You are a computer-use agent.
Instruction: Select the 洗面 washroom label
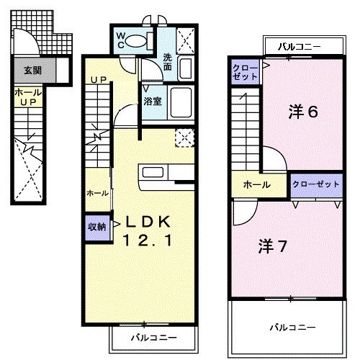click(167, 63)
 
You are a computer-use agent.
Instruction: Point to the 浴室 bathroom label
click(151, 102)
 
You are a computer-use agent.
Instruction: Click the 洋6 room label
click(303, 112)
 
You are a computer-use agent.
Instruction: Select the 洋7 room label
click(274, 245)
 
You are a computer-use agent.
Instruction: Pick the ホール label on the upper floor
click(256, 184)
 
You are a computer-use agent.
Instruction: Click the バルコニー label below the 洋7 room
click(293, 328)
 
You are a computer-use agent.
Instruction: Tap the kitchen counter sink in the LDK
click(153, 172)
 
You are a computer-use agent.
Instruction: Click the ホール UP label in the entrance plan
click(27, 98)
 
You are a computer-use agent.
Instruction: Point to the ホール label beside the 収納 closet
click(97, 193)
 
